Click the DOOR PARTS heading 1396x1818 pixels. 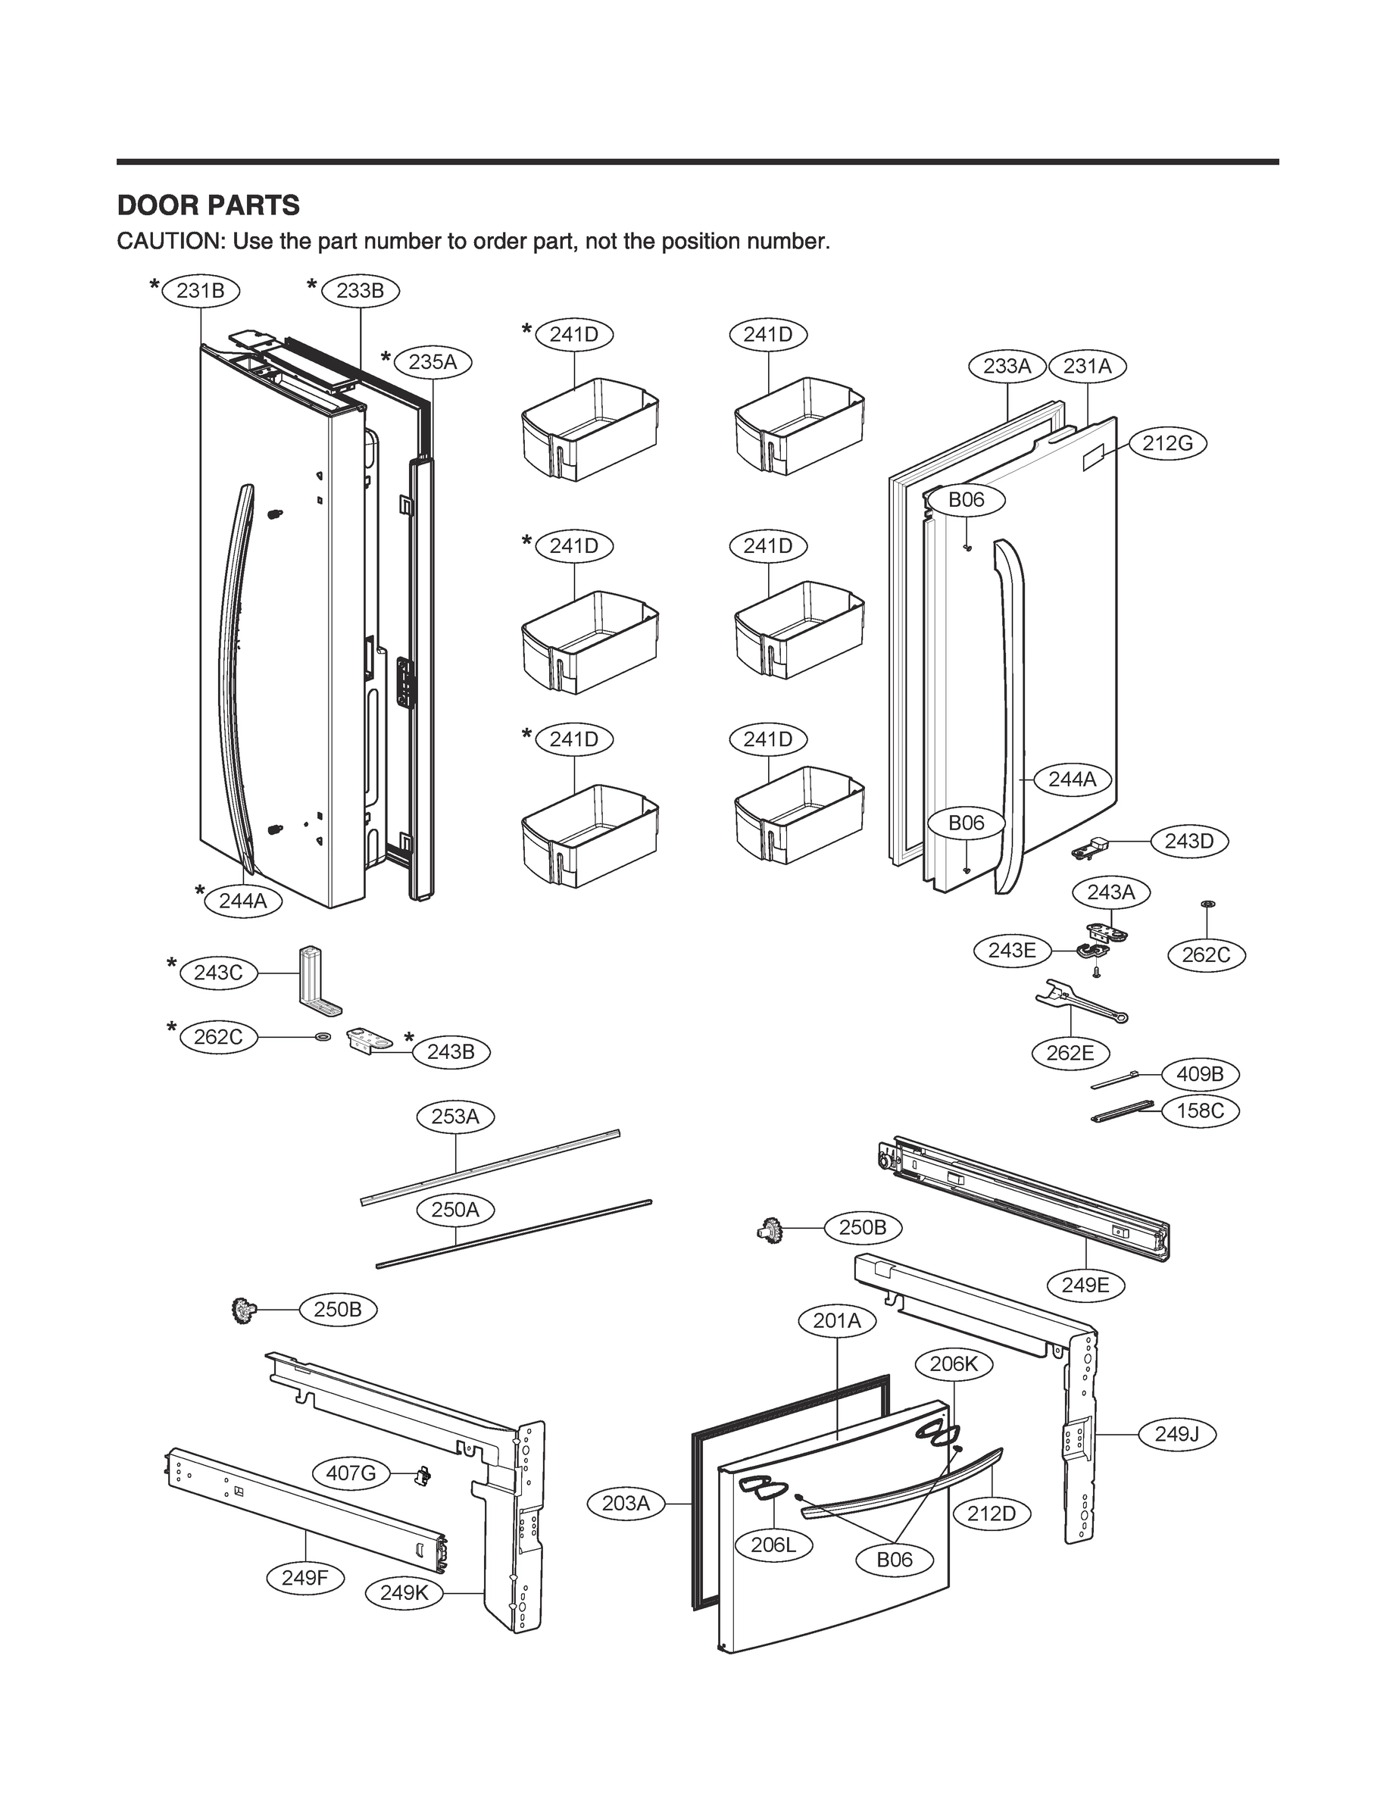click(208, 205)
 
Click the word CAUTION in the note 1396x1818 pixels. click(170, 242)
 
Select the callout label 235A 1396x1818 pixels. click(433, 361)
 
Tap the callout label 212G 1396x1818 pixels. click(1167, 443)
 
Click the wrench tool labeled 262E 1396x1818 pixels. click(1080, 1003)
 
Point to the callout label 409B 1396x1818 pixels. click(1200, 1074)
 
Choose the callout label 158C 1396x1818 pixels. click(1200, 1111)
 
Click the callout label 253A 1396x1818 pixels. click(455, 1116)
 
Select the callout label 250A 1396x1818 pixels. click(455, 1209)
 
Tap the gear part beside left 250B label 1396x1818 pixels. click(242, 1310)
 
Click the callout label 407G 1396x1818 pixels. click(351, 1473)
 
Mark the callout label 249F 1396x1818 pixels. click(306, 1577)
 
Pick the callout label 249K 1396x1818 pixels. click(404, 1593)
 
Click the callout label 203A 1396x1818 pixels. click(626, 1503)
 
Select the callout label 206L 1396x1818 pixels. click(773, 1545)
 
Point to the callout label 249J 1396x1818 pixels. click(1176, 1434)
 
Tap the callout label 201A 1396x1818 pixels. click(837, 1320)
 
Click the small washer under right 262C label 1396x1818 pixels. click(1207, 902)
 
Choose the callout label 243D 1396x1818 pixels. click(1189, 842)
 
